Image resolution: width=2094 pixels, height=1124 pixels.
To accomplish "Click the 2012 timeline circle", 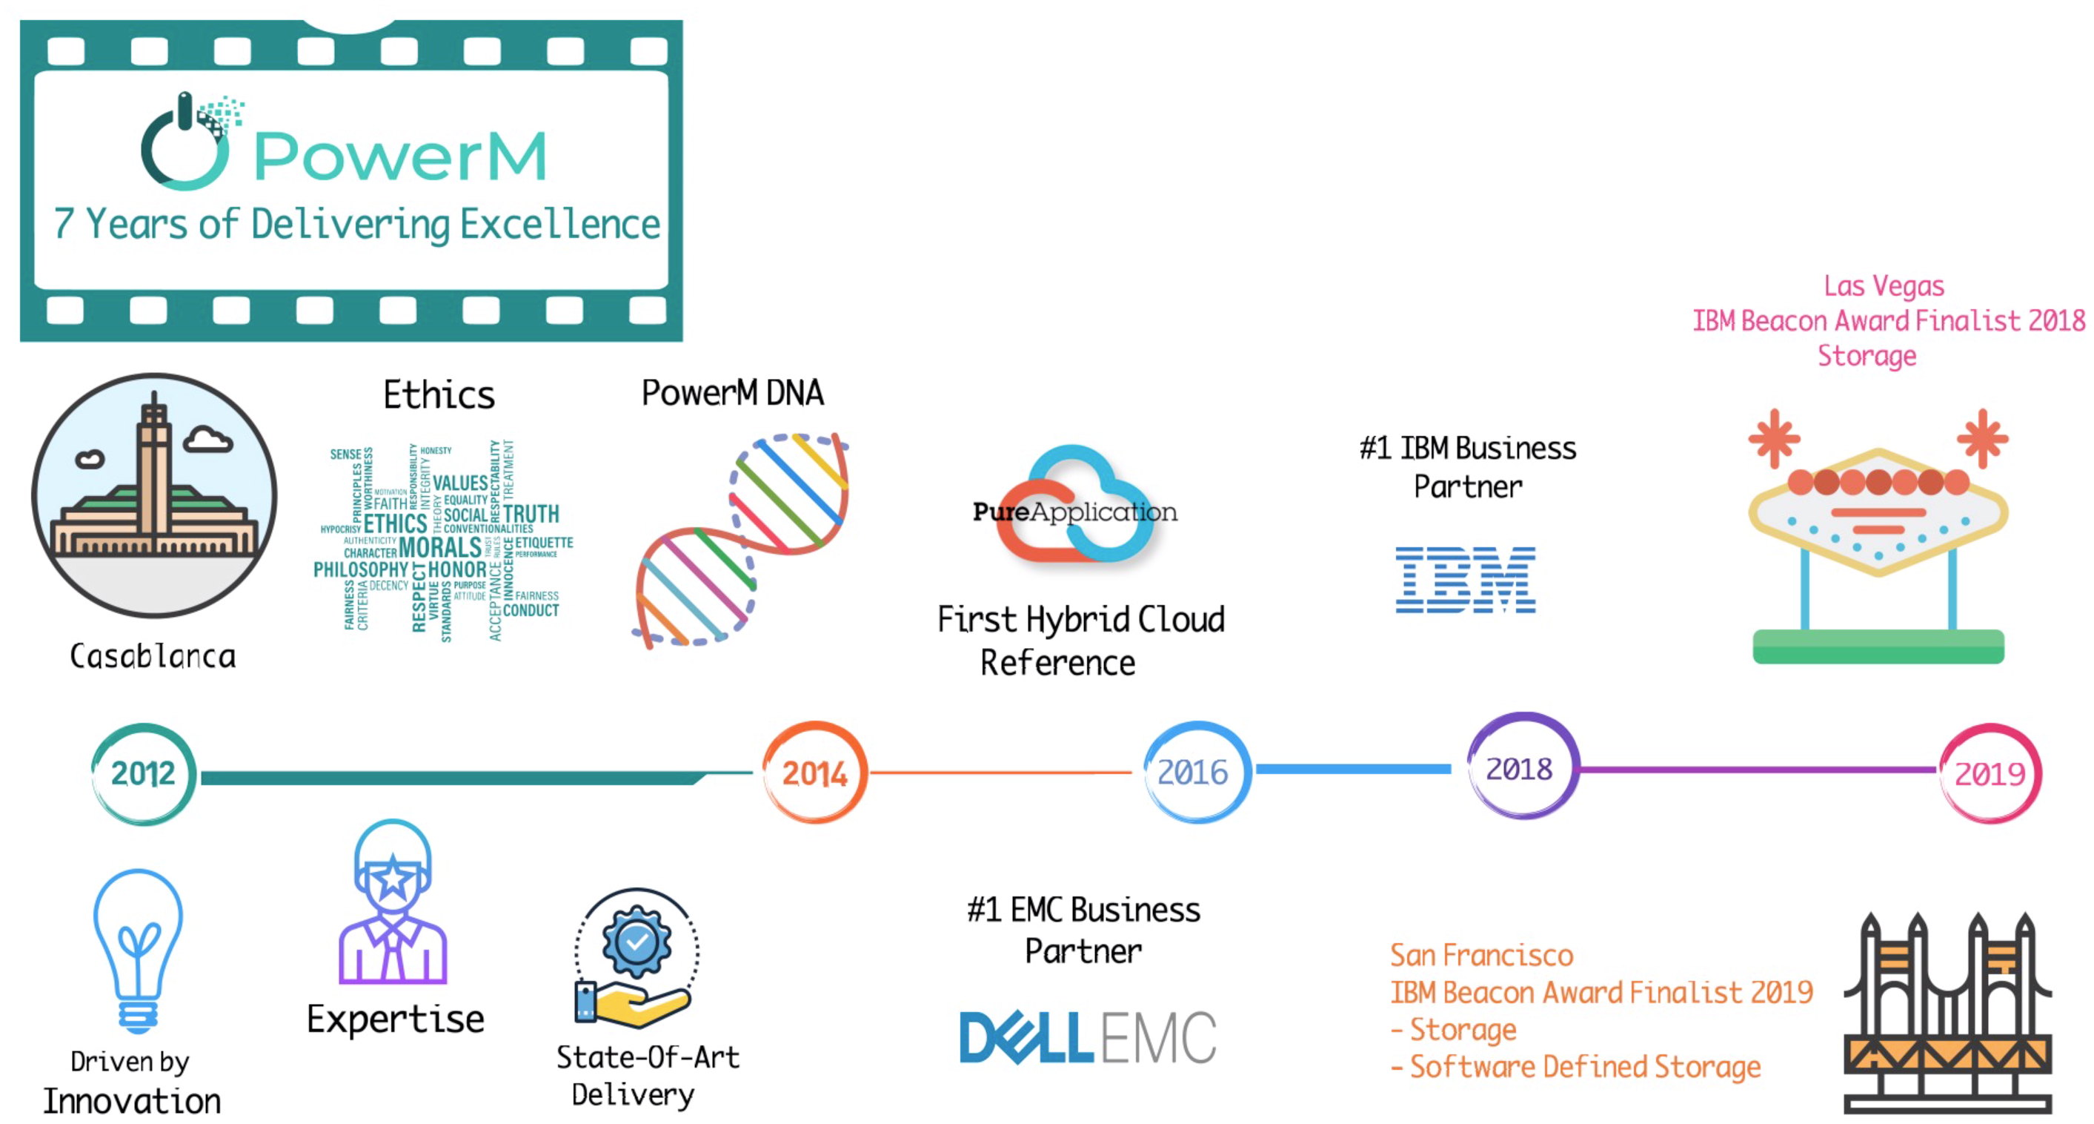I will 143,773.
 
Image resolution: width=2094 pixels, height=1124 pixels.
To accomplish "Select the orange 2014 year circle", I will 814,773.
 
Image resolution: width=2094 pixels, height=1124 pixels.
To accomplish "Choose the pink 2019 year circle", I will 1990,773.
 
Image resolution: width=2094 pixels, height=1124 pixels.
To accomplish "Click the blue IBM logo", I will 1465,580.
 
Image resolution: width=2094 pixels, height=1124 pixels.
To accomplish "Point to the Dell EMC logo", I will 1087,1037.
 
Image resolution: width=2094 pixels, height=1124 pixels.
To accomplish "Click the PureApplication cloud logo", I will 1074,508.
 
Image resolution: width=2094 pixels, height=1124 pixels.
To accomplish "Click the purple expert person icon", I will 393,903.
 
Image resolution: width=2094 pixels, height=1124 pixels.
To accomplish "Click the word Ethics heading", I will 439,395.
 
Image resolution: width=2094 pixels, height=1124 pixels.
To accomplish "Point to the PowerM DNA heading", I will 732,393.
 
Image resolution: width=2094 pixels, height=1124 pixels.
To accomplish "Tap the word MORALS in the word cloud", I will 440,546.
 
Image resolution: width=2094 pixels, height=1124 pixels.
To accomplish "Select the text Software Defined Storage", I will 1584,1066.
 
